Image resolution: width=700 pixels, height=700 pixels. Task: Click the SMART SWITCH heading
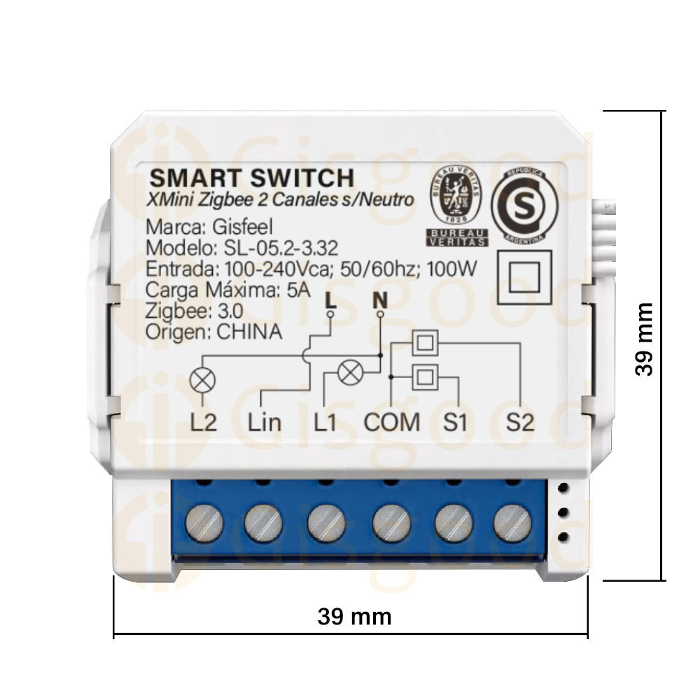pos(252,178)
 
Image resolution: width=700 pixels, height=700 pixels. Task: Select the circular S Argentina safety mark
pos(524,205)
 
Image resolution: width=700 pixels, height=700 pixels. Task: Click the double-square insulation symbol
pos(524,277)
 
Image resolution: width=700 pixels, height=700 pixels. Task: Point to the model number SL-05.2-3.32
pos(281,248)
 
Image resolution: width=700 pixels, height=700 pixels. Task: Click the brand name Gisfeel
pos(242,227)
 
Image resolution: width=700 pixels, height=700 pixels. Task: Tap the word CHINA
pos(250,332)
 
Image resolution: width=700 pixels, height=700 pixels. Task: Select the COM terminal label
pos(391,422)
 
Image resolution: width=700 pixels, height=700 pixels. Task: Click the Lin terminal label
pos(265,422)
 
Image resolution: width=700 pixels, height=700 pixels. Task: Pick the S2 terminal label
pos(520,422)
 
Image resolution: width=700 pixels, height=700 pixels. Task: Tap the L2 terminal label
pos(203,422)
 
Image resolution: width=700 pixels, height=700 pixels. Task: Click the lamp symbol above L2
pos(203,381)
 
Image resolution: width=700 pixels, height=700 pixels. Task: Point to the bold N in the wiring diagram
pos(380,300)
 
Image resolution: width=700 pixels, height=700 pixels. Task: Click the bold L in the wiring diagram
pos(330,300)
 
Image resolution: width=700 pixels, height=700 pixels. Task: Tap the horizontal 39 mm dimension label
pos(354,617)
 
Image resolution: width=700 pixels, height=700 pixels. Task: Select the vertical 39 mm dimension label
pos(644,339)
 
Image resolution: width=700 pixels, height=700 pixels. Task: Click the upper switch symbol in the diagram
pos(425,343)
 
